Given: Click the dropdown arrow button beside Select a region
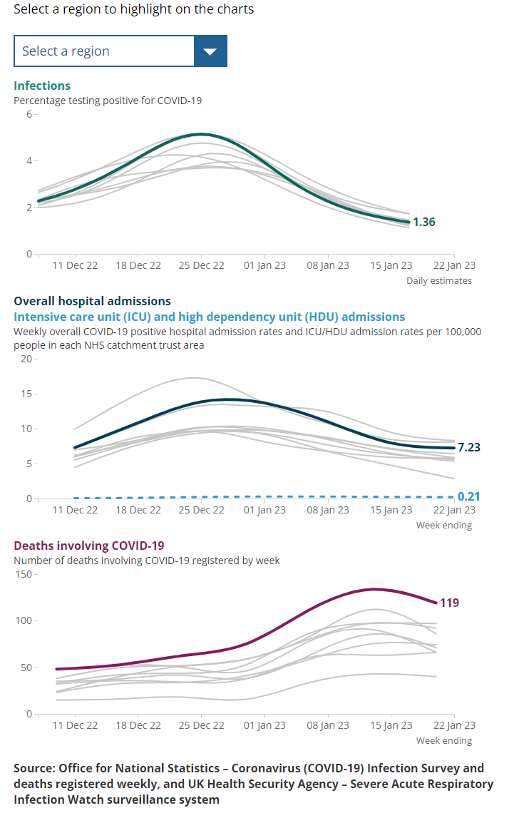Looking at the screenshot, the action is point(210,51).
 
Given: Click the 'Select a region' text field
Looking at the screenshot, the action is point(104,51).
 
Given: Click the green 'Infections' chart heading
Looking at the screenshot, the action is point(42,86).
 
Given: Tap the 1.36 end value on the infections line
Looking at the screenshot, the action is point(424,222).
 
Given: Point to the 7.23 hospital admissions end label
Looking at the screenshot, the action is point(469,447).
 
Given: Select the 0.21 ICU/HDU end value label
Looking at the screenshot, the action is point(469,496).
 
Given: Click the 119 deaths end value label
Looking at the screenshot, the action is point(449,603).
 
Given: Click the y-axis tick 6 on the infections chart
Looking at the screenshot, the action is point(29,114).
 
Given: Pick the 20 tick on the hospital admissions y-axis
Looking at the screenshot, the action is point(26,359).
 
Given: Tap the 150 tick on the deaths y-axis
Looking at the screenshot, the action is point(24,574).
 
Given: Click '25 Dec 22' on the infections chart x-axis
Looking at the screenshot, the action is point(202,265).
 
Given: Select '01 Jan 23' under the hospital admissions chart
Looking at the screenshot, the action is point(264,510).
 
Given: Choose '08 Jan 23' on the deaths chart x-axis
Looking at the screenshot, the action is point(328,725).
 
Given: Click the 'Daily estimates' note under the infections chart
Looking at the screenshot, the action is point(439,280).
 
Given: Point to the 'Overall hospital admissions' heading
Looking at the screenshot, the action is point(92,301).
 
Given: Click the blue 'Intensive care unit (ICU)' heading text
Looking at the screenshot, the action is point(82,317).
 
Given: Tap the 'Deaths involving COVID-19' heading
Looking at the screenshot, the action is point(89,546).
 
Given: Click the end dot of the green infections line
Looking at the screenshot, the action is point(408,222).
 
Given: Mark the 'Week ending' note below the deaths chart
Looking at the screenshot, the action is point(444,740).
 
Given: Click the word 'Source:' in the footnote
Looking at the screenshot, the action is point(34,768).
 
